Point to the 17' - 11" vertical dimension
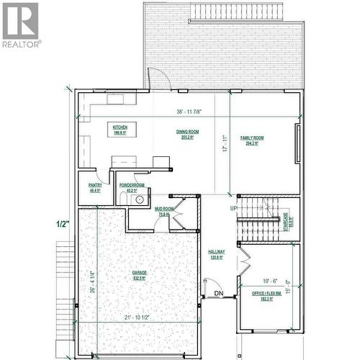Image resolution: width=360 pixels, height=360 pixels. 225,144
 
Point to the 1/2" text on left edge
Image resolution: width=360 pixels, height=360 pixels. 63,223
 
